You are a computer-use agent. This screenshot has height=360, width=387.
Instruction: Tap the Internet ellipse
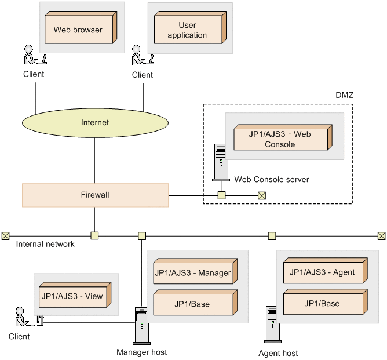(x=95, y=122)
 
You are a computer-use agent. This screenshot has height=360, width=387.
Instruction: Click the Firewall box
(x=95, y=195)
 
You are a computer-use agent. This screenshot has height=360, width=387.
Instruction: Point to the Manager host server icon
(x=141, y=324)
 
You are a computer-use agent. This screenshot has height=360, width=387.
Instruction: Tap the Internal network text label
(x=45, y=245)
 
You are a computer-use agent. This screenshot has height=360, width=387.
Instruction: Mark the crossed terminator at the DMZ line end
(x=261, y=195)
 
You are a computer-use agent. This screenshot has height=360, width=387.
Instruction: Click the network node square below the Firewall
(x=94, y=235)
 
